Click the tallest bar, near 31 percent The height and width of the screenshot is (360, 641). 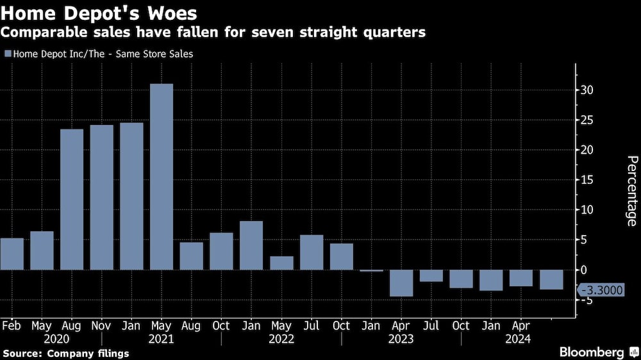161,176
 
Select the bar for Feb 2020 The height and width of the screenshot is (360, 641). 12,254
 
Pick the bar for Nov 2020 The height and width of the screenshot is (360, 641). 101,197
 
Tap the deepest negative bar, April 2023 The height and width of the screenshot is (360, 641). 401,282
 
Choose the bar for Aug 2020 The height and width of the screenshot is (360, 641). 72,199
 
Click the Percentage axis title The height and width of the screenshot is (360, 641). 631,191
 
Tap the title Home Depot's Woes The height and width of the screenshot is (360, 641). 99,12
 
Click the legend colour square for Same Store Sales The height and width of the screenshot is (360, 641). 7,54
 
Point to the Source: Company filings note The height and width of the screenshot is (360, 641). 66,353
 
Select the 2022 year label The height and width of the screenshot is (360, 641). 281,339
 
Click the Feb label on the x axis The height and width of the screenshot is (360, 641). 11,325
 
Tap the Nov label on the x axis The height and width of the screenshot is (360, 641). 101,325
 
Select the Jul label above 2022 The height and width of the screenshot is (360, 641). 311,325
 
